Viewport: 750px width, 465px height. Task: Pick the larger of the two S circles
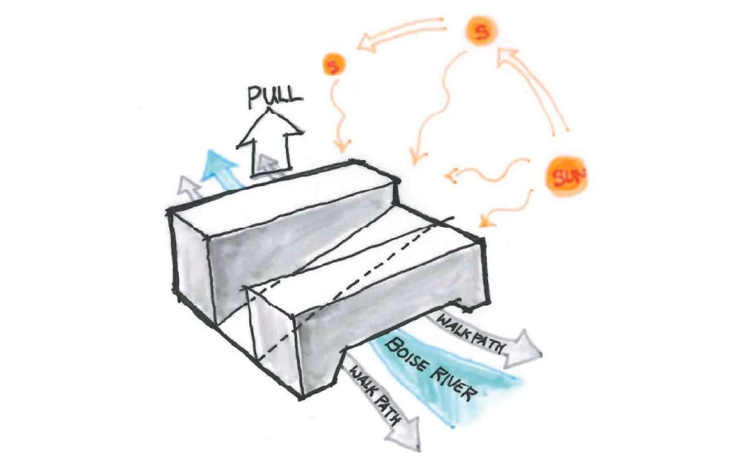[479, 32]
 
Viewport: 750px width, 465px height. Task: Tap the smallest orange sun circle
[334, 66]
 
